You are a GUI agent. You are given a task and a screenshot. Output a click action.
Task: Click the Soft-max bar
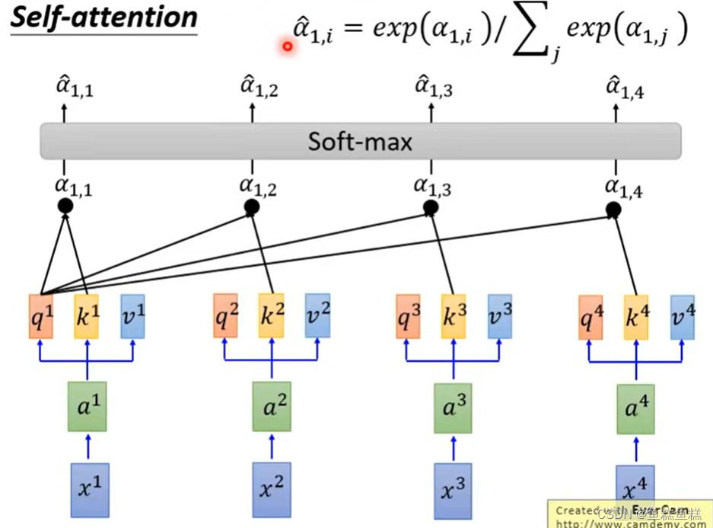360,141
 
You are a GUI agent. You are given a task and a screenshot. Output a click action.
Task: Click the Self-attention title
103,18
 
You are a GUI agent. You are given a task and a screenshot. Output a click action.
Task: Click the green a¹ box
88,409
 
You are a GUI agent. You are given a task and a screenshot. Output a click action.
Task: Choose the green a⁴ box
635,410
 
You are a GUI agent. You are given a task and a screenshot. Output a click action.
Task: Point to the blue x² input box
271,488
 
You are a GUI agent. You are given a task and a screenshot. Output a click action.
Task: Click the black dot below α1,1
65,206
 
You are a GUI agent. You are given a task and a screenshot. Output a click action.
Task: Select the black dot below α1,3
431,207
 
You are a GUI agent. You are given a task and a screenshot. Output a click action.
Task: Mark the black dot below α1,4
613,210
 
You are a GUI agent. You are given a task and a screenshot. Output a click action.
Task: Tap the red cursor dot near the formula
288,46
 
